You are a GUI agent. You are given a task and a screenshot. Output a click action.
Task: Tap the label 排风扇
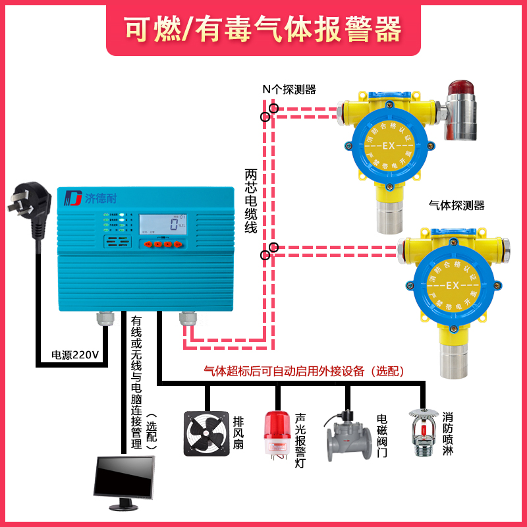coord(240,431)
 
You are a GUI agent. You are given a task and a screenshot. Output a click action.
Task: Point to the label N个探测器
coord(289,88)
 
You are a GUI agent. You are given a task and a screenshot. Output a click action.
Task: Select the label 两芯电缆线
coord(251,201)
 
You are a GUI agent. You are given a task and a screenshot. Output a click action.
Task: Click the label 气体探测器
coord(456,206)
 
